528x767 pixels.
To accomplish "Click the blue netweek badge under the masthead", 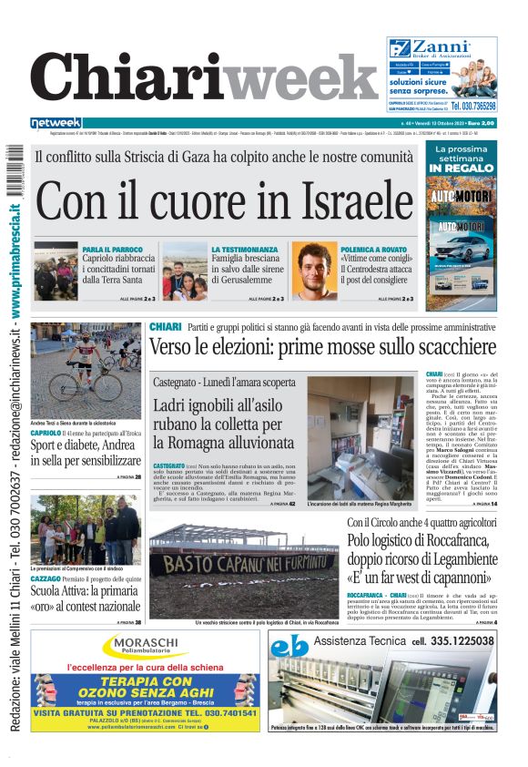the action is (56, 122).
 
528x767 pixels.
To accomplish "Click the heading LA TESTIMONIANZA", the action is (244, 249).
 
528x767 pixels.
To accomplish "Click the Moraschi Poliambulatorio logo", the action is (145, 648).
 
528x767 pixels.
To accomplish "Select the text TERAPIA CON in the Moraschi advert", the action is (144, 680).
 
